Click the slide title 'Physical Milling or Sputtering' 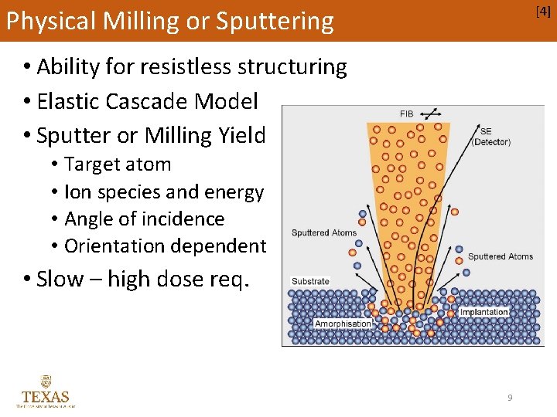[169, 21]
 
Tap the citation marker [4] [543, 12]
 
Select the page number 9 [510, 398]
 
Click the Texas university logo [46, 391]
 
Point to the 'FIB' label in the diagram [406, 114]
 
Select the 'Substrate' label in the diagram [310, 281]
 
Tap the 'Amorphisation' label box [343, 324]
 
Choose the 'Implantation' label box [484, 312]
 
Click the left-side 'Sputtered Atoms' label [324, 232]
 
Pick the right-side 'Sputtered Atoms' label [501, 256]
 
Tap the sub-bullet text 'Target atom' [118, 164]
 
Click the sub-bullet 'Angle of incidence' [145, 219]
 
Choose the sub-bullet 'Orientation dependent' [165, 246]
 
